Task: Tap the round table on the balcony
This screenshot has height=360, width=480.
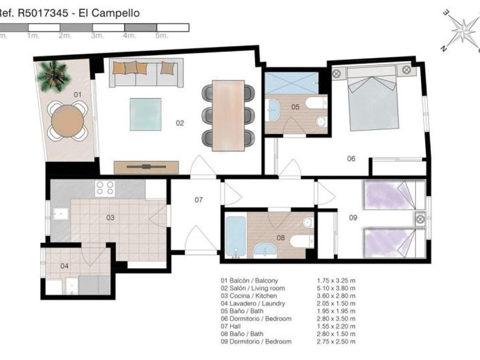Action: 67,121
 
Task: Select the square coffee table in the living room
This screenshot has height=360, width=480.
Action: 145,114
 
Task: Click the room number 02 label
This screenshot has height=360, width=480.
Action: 180,123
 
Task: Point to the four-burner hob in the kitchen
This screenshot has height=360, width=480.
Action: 105,188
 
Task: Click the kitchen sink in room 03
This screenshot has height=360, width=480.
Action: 61,214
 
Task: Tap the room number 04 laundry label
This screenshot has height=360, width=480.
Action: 64,266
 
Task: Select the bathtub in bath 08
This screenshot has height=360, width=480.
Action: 235,237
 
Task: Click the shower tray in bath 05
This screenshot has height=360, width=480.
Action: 291,83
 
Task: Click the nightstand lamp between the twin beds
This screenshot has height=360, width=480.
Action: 421,219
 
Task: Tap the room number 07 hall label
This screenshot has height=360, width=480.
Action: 199,200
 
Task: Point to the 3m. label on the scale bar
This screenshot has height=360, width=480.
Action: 97,36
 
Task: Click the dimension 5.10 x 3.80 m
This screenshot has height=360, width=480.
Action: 336,288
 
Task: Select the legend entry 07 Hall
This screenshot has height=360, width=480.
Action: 231,326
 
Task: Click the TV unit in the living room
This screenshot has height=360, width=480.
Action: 146,167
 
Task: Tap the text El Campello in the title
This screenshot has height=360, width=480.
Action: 109,13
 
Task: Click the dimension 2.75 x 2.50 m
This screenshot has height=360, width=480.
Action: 336,341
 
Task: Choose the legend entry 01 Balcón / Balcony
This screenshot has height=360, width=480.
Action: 249,281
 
